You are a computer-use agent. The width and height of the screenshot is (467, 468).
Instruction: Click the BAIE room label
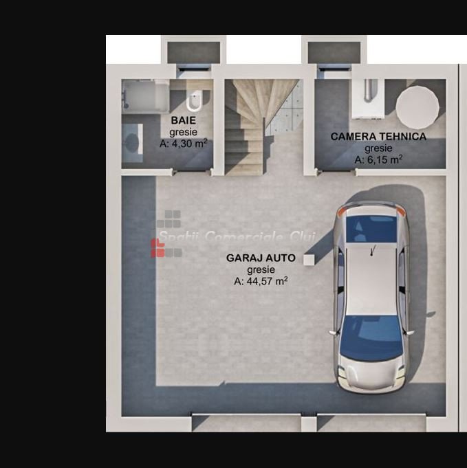pyautogui.click(x=183, y=120)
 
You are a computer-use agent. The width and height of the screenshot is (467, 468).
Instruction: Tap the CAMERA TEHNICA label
pyautogui.click(x=378, y=136)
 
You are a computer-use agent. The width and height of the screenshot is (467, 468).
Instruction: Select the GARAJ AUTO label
pyautogui.click(x=261, y=258)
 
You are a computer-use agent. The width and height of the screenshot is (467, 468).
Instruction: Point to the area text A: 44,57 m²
pyautogui.click(x=261, y=281)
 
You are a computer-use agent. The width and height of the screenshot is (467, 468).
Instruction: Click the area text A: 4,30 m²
pyautogui.click(x=183, y=143)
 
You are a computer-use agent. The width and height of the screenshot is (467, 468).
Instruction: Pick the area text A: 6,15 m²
pyautogui.click(x=378, y=159)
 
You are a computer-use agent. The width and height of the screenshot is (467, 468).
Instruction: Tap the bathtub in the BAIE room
pyautogui.click(x=146, y=96)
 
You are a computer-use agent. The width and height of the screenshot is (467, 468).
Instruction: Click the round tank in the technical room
pyautogui.click(x=417, y=107)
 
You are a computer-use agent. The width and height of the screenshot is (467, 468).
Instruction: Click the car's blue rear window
pyautogui.click(x=371, y=228)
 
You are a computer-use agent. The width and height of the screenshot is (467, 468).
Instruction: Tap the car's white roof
pyautogui.click(x=371, y=279)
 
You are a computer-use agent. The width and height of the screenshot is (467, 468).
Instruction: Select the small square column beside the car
pyautogui.click(x=309, y=260)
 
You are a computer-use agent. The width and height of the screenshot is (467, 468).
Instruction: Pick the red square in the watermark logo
pyautogui.click(x=158, y=248)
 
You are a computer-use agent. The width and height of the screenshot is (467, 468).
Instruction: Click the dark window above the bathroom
pyautogui.click(x=194, y=52)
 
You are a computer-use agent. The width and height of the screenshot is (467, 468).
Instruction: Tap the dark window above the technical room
pyautogui.click(x=334, y=52)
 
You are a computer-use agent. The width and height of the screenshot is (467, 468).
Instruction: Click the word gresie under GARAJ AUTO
pyautogui.click(x=261, y=270)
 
